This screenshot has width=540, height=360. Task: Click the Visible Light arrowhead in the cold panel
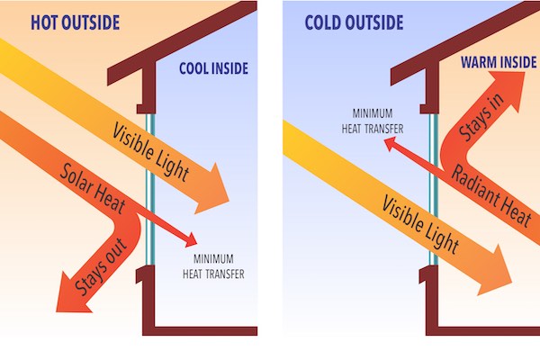click(x=499, y=274)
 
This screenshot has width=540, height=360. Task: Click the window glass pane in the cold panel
click(x=434, y=207)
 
